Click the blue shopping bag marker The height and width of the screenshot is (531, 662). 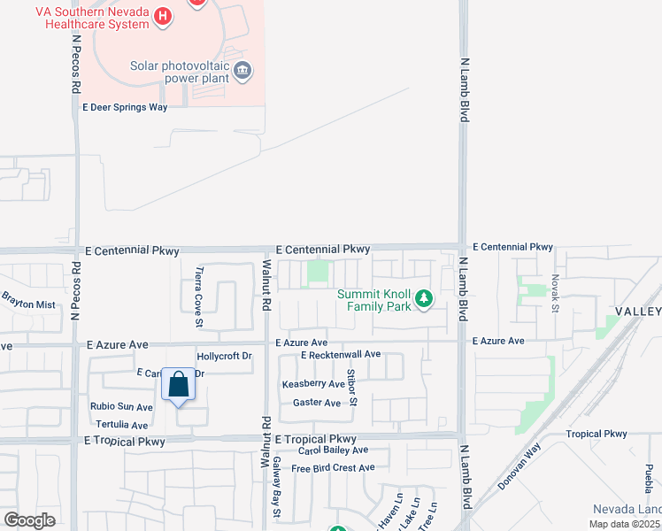tap(178, 385)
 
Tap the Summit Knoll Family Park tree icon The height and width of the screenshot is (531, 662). tap(424, 299)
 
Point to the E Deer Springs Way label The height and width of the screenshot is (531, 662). tap(125, 107)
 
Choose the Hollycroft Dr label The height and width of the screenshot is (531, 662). tap(225, 356)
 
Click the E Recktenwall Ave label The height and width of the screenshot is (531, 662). tap(340, 355)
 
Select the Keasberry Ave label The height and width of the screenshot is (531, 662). tap(313, 384)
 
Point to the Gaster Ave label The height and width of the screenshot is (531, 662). tap(316, 403)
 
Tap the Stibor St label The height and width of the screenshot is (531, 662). tap(351, 387)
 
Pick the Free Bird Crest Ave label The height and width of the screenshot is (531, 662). tap(333, 467)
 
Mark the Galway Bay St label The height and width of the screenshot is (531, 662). tap(276, 499)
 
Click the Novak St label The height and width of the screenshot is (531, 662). tap(556, 293)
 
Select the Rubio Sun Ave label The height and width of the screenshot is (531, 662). tap(121, 407)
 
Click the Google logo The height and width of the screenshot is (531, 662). tap(29, 519)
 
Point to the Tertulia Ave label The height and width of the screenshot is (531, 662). tap(121, 425)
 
